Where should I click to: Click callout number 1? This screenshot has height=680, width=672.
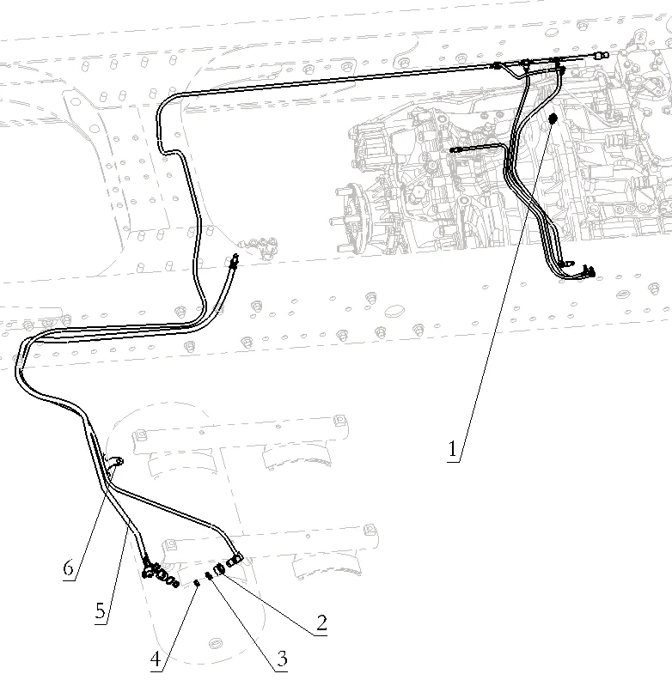452,449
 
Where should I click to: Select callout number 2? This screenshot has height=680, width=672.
321,623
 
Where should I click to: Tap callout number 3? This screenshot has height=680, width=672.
282,659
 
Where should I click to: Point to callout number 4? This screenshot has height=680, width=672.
156,659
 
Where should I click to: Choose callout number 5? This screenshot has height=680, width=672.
101,611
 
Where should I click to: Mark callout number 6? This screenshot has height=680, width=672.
69,568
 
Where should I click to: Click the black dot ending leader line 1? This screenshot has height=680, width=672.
553,118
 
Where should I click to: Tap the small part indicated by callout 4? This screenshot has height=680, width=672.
197,583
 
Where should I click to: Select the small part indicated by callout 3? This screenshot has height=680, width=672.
209,575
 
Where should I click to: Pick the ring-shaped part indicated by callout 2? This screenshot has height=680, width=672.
220,568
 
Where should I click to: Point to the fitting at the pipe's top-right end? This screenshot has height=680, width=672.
602,55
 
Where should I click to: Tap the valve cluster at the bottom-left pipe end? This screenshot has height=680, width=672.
159,574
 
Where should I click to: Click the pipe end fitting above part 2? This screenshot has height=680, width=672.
235,560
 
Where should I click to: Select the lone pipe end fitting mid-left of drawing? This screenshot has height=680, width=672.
234,260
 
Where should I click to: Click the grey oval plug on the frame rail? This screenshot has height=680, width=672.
394,311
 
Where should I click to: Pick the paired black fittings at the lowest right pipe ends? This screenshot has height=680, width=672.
577,268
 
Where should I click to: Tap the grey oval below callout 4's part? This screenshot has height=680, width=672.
217,643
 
